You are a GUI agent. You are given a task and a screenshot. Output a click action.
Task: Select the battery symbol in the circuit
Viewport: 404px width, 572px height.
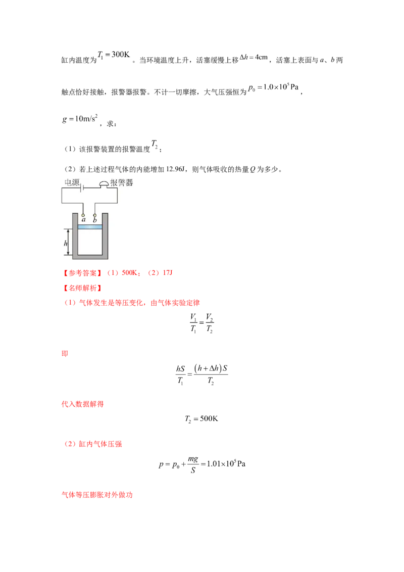click(x=83, y=188)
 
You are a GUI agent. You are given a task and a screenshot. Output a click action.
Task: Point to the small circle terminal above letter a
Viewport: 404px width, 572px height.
click(x=83, y=214)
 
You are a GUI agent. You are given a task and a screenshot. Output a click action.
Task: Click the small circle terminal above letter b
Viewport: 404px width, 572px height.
click(x=95, y=214)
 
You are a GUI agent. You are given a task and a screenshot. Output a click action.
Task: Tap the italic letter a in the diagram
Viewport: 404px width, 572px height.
click(x=83, y=220)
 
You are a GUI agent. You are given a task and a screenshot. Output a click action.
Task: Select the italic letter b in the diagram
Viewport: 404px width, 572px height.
click(x=95, y=220)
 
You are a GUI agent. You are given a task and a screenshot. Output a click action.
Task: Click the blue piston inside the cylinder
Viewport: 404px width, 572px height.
click(x=90, y=227)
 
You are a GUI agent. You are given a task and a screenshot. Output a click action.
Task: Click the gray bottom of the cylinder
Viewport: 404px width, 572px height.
click(x=90, y=258)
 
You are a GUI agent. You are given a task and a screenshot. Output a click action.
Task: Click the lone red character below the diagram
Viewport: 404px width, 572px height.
click(x=64, y=355)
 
